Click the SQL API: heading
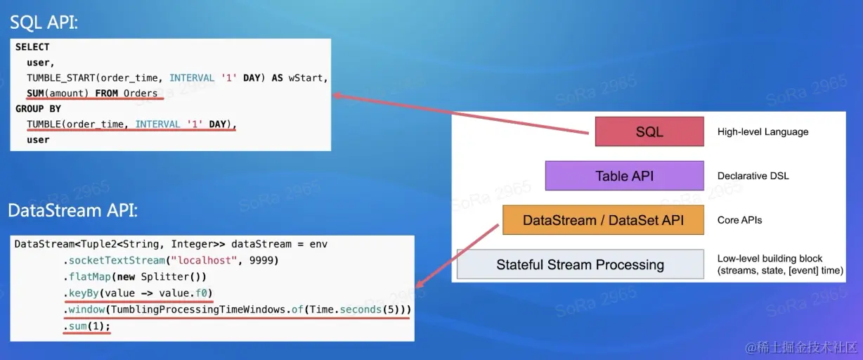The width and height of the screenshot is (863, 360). (x=44, y=22)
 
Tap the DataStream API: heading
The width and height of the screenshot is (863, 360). (x=72, y=210)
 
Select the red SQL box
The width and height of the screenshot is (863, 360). (x=649, y=131)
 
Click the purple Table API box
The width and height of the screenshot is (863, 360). (x=624, y=176)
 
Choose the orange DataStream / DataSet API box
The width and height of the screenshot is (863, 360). (x=603, y=220)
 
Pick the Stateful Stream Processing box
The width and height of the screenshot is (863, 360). (x=580, y=264)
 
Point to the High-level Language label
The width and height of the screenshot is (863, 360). (x=763, y=131)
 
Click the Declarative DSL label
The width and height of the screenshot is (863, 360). (x=753, y=176)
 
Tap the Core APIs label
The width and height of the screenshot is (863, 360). (x=739, y=220)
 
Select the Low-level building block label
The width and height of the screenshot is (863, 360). (x=770, y=258)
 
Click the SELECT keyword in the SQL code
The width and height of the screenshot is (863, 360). (x=32, y=47)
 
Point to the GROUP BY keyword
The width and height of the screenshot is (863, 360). (x=38, y=109)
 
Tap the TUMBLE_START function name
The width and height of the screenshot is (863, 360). (x=62, y=78)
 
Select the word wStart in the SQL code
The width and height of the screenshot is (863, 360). (x=308, y=78)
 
